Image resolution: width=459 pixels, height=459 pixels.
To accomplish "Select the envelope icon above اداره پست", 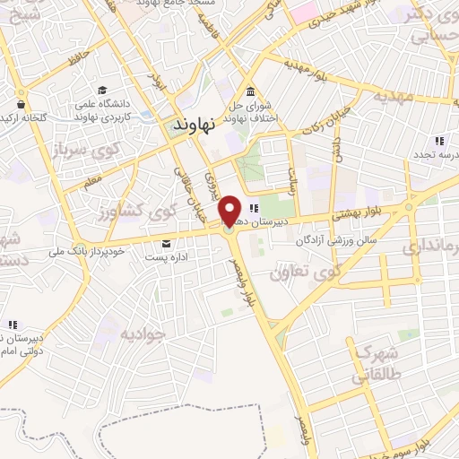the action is click(167, 244).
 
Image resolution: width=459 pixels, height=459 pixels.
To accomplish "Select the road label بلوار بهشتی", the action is click(355, 215).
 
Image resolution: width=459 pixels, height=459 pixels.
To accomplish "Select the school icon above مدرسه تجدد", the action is click(438, 141).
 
